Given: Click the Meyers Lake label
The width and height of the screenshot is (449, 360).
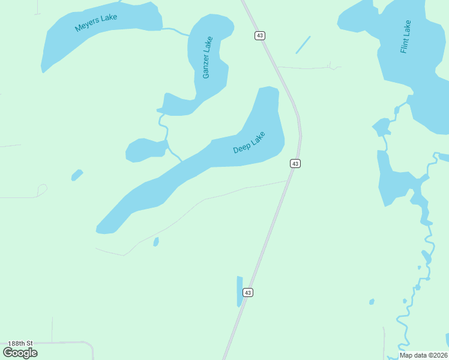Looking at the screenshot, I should click(x=96, y=23).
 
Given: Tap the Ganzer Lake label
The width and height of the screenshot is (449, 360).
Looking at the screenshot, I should click(x=207, y=58).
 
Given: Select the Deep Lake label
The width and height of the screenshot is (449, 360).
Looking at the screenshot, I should click(x=249, y=142).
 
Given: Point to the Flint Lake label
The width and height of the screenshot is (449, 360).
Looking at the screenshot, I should click(x=406, y=37).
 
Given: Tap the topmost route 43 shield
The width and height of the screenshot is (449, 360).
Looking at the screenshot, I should click(x=259, y=35).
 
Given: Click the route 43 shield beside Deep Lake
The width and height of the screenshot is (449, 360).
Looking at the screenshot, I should click(x=295, y=163).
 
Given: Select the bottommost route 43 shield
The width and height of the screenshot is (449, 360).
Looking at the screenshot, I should click(x=248, y=292).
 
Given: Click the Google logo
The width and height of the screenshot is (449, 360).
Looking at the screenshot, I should click(x=20, y=353).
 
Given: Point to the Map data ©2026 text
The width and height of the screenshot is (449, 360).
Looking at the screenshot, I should click(x=423, y=355).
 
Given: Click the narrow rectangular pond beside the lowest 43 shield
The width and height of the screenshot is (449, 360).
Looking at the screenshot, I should click(x=240, y=292).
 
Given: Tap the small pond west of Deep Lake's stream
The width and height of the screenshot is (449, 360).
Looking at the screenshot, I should click(x=145, y=149).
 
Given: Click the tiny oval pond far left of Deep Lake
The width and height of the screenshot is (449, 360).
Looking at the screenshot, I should click(x=77, y=175).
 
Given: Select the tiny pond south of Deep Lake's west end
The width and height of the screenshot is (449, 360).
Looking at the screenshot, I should click(x=156, y=242).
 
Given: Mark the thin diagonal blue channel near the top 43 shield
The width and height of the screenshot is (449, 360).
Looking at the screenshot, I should click(x=303, y=45).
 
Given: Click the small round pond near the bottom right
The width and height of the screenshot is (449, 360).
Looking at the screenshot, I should click(x=372, y=301).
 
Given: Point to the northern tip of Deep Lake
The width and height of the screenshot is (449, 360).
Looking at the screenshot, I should click(x=268, y=90).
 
